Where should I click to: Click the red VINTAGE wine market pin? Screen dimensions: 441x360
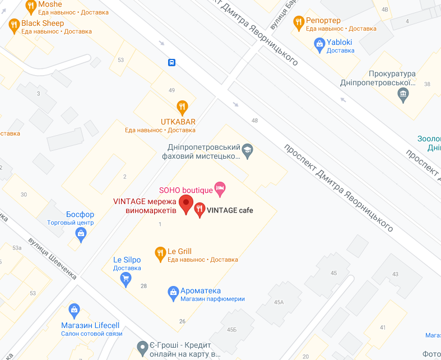(x=185, y=204)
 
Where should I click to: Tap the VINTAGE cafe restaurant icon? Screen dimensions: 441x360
(x=199, y=210)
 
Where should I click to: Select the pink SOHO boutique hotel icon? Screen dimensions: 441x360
(x=220, y=190)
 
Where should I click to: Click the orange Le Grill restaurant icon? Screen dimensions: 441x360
(x=160, y=252)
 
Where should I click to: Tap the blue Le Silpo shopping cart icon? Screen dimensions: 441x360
(x=126, y=276)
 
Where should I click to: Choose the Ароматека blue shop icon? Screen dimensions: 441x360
(x=173, y=291)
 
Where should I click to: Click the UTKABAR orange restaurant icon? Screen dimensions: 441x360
(x=182, y=106)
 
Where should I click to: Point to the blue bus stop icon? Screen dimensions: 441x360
(x=170, y=62)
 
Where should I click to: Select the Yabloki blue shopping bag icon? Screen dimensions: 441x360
(x=319, y=43)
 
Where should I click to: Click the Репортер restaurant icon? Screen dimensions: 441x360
(x=298, y=21)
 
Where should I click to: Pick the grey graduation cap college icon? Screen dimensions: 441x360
(x=247, y=150)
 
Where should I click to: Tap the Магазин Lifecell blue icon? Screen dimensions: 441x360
(x=73, y=310)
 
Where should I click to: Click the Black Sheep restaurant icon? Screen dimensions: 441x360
(x=14, y=24)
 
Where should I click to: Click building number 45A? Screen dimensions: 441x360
(x=278, y=302)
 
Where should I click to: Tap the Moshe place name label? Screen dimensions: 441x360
(x=50, y=4)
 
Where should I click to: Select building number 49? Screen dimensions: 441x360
(x=171, y=90)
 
